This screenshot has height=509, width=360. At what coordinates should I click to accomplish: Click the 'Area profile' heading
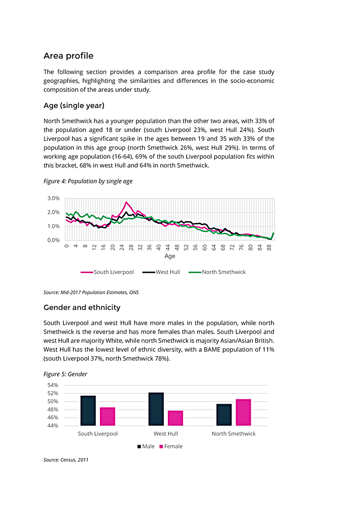[x=68, y=56]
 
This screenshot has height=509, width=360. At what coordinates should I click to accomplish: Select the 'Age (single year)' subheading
[x=74, y=106]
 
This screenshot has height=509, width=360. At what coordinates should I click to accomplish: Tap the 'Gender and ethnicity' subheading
[x=82, y=308]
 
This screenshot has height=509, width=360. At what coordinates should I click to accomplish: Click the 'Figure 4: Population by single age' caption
[x=88, y=181]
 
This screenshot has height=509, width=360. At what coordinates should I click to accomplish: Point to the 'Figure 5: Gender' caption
[x=65, y=374]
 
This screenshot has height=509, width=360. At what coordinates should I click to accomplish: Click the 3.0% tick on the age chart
[x=54, y=198]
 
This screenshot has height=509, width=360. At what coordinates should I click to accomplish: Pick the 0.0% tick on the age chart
[x=54, y=240]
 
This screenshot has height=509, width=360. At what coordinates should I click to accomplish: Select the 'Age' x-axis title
[x=170, y=256]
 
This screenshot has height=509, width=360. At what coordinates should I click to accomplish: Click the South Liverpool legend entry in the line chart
[x=107, y=272]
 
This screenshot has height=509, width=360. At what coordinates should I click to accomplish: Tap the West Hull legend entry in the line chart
[x=161, y=272]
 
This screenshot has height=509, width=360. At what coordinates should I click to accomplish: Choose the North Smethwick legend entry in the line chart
[x=217, y=272]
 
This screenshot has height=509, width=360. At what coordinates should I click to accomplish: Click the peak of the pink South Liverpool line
[x=126, y=202]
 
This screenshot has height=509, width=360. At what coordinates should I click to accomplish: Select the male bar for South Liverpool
[x=88, y=411]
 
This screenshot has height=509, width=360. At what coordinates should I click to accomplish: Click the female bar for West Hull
[x=175, y=418]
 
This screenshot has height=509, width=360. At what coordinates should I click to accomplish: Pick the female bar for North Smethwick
[x=243, y=412]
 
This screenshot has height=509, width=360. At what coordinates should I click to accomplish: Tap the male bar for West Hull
[x=156, y=409]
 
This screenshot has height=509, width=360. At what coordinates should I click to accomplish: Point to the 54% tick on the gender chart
[x=53, y=385]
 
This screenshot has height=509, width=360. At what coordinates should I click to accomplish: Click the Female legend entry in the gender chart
[x=171, y=446]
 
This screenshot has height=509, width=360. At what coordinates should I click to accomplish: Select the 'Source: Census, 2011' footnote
[x=66, y=460]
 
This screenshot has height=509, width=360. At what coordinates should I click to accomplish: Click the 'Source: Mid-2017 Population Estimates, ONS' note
[x=91, y=292]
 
